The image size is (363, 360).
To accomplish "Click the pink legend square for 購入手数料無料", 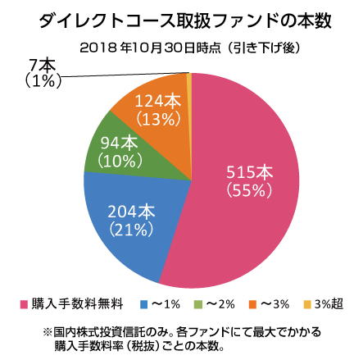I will tap(24, 305).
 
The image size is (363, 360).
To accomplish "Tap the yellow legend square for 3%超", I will tap(307, 305).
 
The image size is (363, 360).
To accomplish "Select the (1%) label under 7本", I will tap(39, 80).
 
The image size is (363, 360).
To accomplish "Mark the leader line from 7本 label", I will tap(123, 76).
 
